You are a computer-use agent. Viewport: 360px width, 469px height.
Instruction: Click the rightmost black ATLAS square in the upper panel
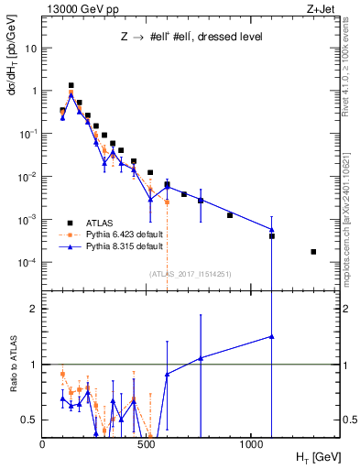click(313, 252)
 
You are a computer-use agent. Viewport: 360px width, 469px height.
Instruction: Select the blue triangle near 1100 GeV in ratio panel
click(272, 336)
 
